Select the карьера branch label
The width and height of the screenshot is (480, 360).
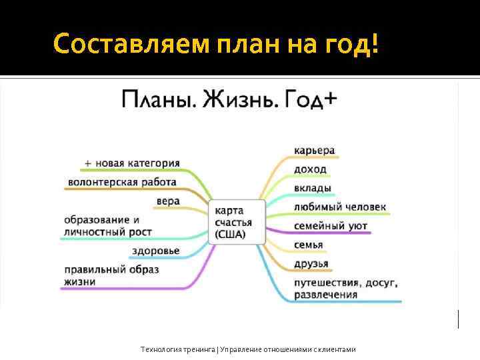pyautogui.click(x=314, y=150)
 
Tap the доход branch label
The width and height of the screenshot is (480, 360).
pyautogui.click(x=310, y=169)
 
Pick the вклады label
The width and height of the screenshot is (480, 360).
pyautogui.click(x=312, y=188)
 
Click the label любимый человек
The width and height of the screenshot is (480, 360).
pyautogui.click(x=339, y=207)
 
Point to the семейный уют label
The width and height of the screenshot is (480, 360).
pyautogui.click(x=330, y=226)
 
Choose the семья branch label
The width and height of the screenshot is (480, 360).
pyautogui.click(x=308, y=245)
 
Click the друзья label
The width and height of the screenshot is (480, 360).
pyautogui.click(x=311, y=263)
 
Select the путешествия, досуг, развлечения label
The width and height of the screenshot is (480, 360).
pyautogui.click(x=345, y=288)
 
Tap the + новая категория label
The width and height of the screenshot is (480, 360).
pyautogui.click(x=132, y=163)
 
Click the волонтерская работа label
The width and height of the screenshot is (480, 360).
pyautogui.click(x=122, y=182)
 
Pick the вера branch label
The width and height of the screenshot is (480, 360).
pyautogui.click(x=168, y=201)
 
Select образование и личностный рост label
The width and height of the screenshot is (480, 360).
pyautogui.click(x=107, y=225)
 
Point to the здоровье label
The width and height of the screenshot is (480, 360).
pyautogui.click(x=155, y=251)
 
